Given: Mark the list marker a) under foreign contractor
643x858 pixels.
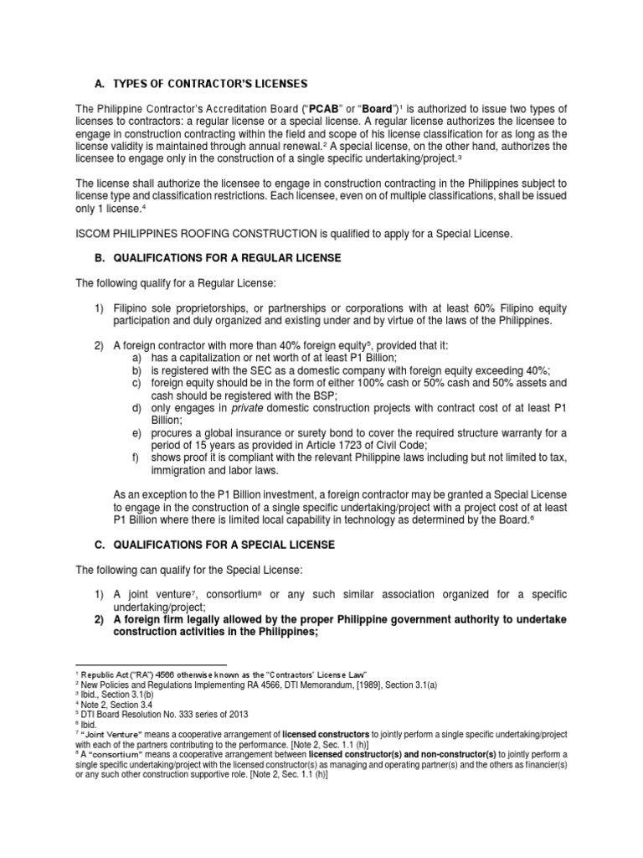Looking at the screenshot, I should click(136, 358).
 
